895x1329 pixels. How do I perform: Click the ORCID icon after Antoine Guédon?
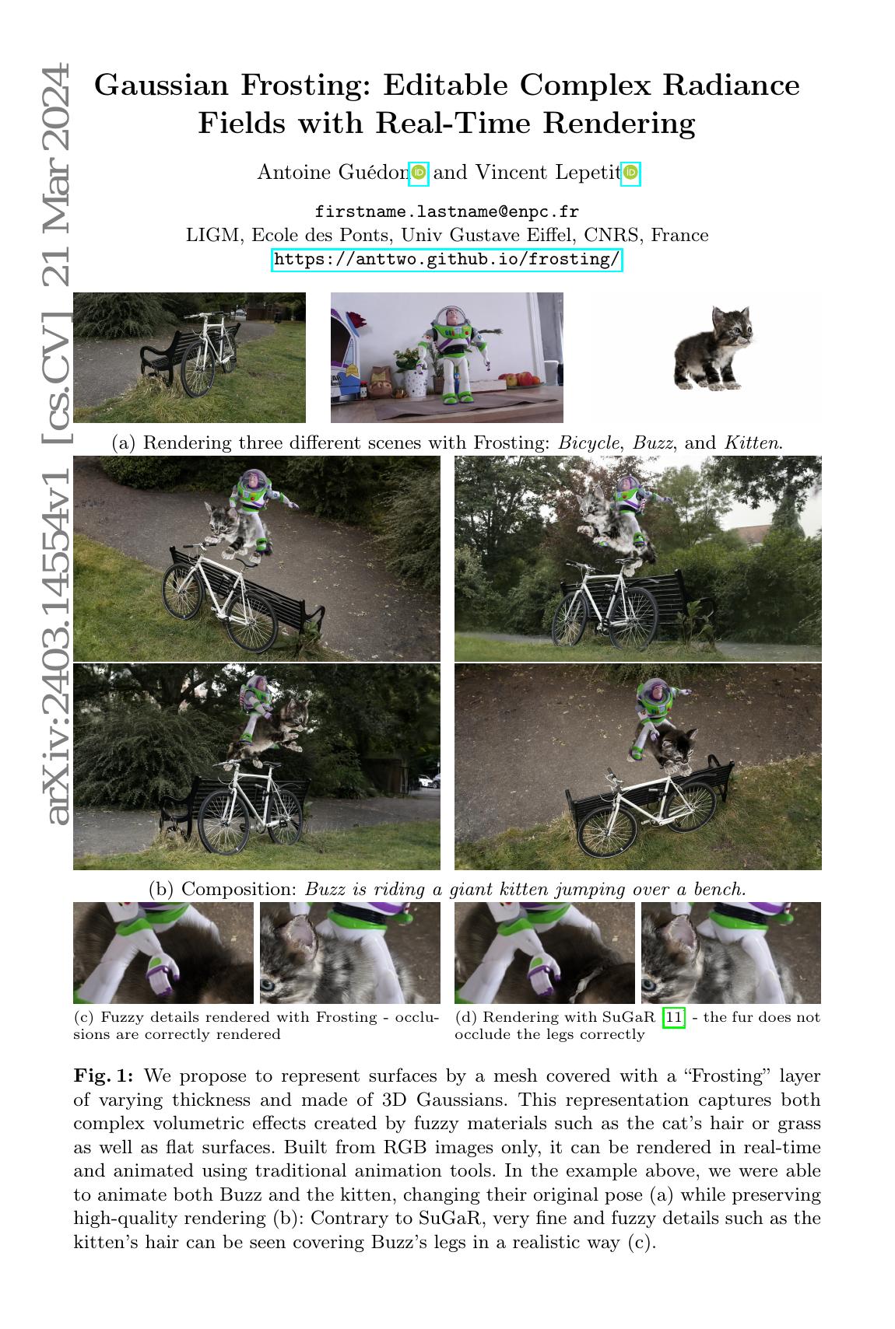419,173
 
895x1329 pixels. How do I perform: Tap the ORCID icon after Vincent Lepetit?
630,173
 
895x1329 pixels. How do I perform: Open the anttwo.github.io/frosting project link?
447,259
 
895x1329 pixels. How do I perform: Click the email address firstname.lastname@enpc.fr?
447,212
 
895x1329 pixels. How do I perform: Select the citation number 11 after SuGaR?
674,1017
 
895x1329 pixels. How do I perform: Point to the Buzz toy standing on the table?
451,354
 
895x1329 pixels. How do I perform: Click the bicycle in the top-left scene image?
206,354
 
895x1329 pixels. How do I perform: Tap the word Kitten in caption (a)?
753,443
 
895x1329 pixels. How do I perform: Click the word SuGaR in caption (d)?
630,1017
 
